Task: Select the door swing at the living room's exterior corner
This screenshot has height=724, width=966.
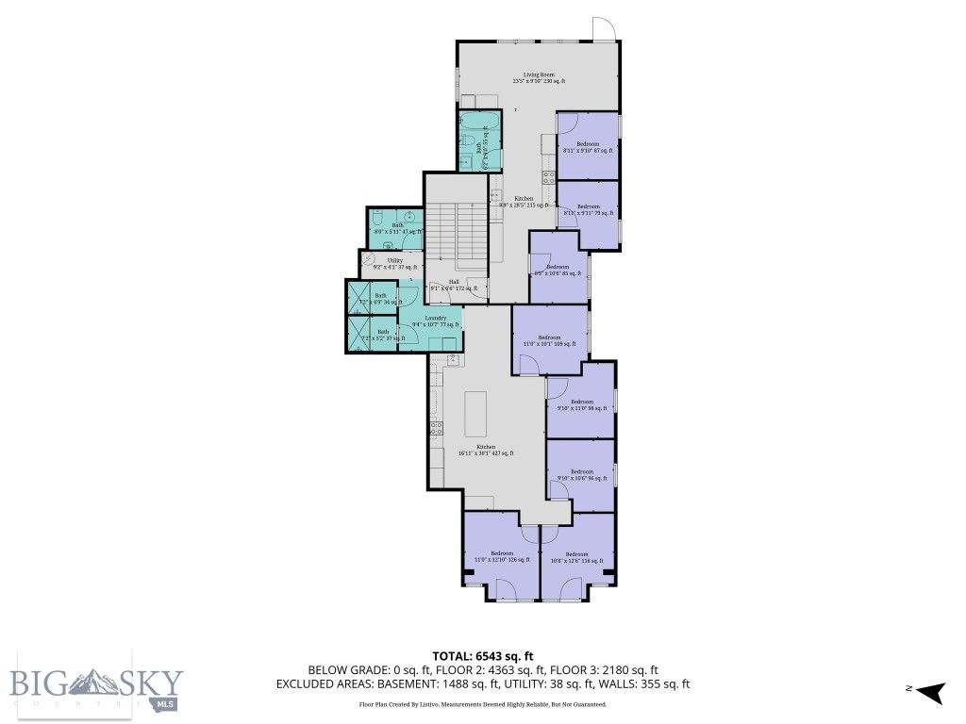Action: tap(603, 29)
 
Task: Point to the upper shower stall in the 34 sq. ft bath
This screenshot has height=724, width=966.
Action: tap(358, 298)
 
